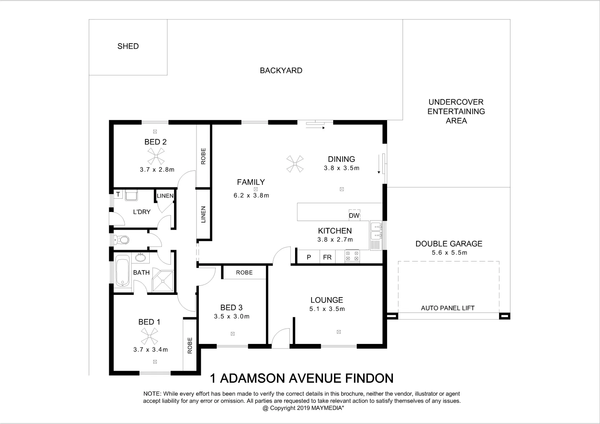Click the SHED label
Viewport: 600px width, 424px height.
pyautogui.click(x=128, y=46)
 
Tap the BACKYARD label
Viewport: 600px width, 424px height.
pyautogui.click(x=281, y=71)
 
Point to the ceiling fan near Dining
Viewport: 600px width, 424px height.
pyautogui.click(x=295, y=164)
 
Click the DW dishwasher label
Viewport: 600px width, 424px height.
pyautogui.click(x=354, y=216)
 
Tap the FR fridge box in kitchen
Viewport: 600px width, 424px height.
pyautogui.click(x=327, y=257)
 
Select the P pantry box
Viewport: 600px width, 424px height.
pyautogui.click(x=309, y=257)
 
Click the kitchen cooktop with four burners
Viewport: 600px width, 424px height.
pyautogui.click(x=352, y=256)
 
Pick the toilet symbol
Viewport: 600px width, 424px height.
pyautogui.click(x=121, y=239)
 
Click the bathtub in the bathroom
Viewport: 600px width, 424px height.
pyautogui.click(x=123, y=270)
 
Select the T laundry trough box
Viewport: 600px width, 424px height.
pyautogui.click(x=118, y=194)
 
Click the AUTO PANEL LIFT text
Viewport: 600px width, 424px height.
pyautogui.click(x=448, y=308)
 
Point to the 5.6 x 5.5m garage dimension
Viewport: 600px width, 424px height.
pyautogui.click(x=449, y=253)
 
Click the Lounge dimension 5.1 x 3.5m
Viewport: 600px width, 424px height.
pyautogui.click(x=327, y=309)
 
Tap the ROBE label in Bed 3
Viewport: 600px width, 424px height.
pyautogui.click(x=244, y=272)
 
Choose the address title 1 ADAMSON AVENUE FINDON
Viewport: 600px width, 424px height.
pyautogui.click(x=302, y=378)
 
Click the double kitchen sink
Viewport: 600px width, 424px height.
pyautogui.click(x=376, y=231)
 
